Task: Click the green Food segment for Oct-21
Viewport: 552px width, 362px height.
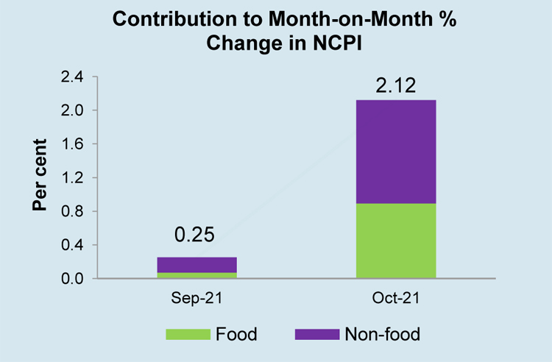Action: (x=396, y=241)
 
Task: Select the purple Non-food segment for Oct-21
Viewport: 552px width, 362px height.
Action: (x=396, y=152)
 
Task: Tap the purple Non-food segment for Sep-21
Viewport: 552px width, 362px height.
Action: (x=197, y=265)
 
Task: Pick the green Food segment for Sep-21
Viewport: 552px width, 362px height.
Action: (x=197, y=276)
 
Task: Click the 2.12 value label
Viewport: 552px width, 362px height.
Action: (x=396, y=85)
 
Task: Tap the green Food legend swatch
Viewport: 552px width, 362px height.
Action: (x=187, y=335)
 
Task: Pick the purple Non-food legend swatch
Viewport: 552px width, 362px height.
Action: (x=316, y=335)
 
